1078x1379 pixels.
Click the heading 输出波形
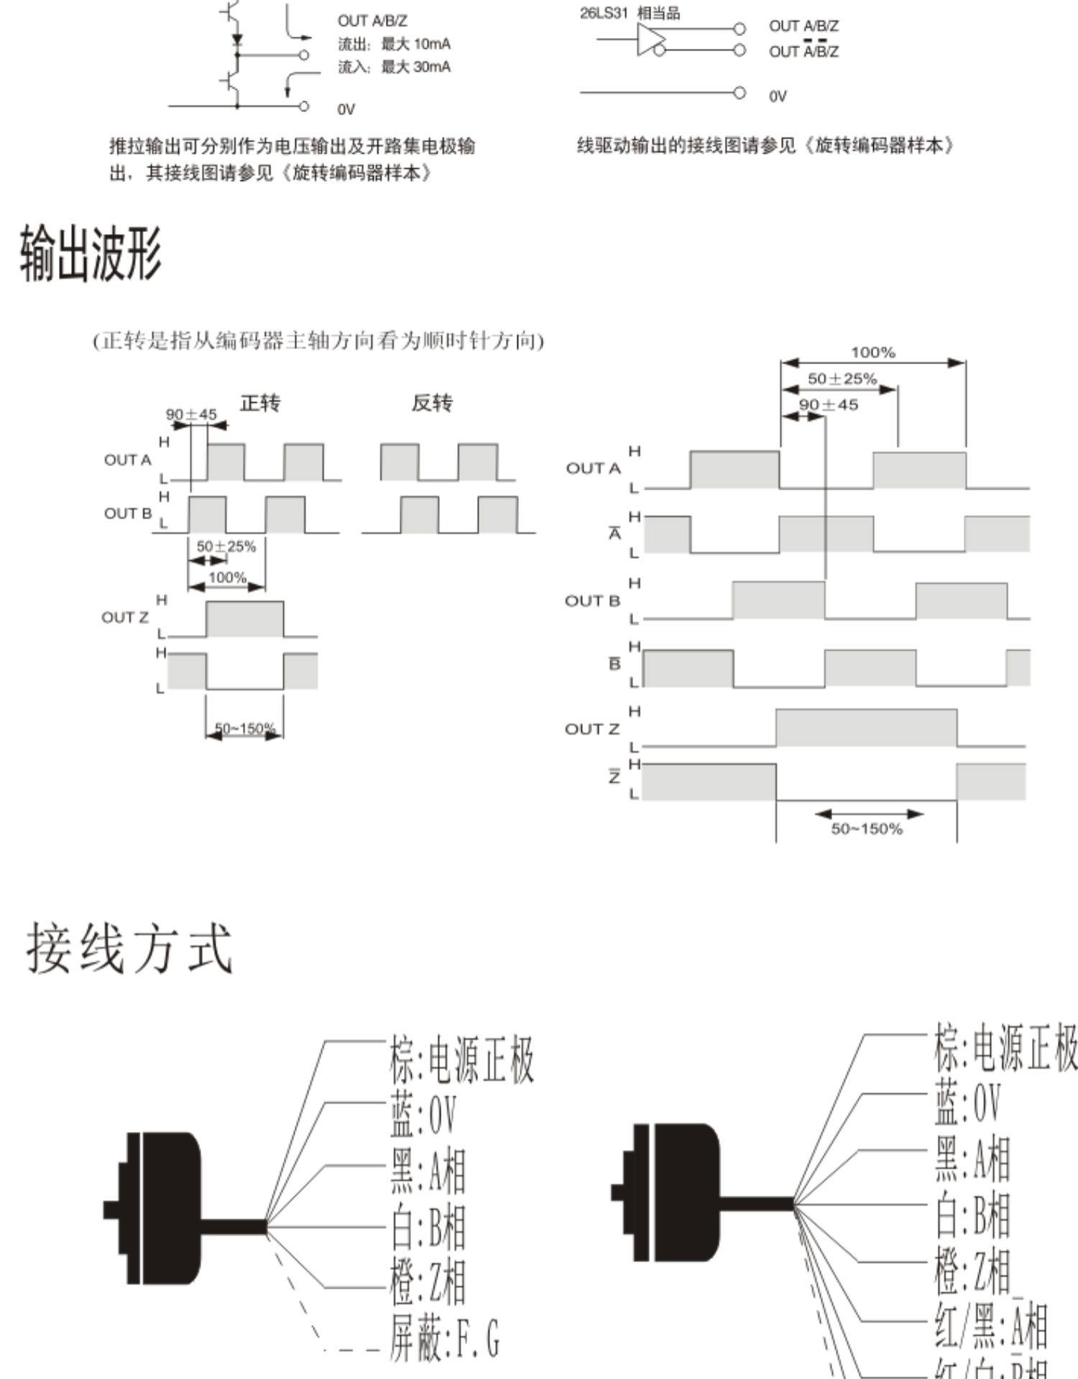(91, 253)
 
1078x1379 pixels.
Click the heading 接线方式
(129, 948)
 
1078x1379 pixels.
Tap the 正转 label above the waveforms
(260, 403)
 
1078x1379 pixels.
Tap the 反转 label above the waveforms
(432, 403)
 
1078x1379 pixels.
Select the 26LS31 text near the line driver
(604, 13)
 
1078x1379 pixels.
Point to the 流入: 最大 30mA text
(395, 68)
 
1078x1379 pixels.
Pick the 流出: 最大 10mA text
(395, 45)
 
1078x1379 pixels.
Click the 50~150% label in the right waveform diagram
(867, 829)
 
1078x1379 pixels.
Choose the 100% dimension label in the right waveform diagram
(872, 353)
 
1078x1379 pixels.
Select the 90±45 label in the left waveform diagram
(191, 414)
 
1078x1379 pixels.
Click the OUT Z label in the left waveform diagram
(125, 618)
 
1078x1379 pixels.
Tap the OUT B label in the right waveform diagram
(592, 601)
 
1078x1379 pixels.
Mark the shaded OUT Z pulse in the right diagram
(866, 728)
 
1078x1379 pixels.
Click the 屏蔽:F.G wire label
(445, 1337)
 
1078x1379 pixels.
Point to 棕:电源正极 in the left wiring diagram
(462, 1060)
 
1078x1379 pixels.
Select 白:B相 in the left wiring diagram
(428, 1227)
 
